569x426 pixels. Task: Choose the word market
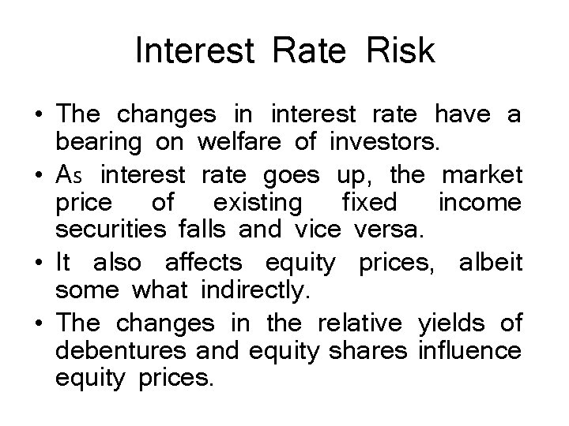click(481, 173)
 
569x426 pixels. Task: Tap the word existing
click(258, 203)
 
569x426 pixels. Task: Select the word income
click(479, 203)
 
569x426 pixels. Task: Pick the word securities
click(104, 232)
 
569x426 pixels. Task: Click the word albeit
click(489, 261)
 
